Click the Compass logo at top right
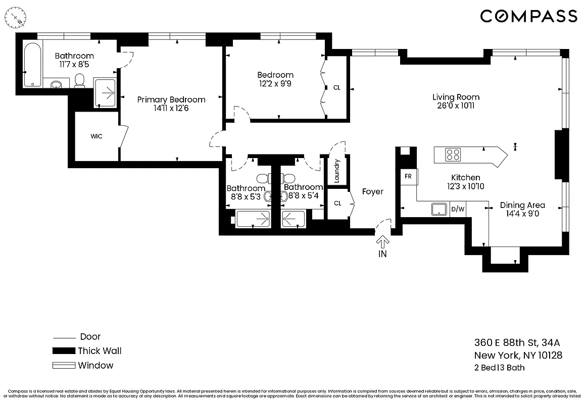[x=528, y=16]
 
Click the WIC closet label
[x=96, y=136]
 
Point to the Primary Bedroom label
[x=171, y=99]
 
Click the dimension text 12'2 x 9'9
[x=275, y=84]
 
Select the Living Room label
[x=456, y=97]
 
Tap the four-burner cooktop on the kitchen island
[x=453, y=155]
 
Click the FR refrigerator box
[x=408, y=177]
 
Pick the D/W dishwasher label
[x=457, y=209]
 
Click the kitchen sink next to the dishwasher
[x=440, y=209]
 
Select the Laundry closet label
[x=337, y=171]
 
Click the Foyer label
[x=372, y=192]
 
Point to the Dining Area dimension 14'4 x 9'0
[x=522, y=214]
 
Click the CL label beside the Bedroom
[x=337, y=87]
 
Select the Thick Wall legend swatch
[x=63, y=351]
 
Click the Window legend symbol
[x=63, y=366]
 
